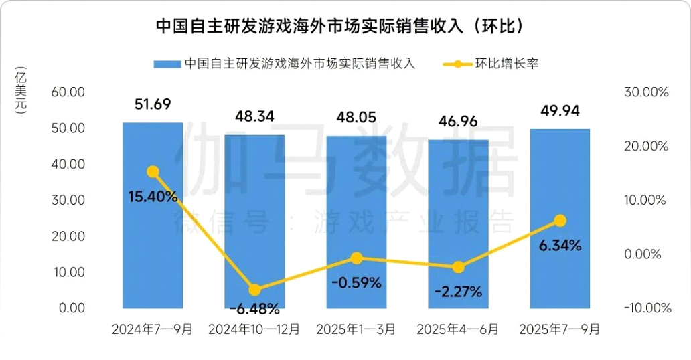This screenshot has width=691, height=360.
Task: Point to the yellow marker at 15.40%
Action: (x=153, y=172)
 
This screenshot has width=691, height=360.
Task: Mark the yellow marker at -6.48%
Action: (x=254, y=290)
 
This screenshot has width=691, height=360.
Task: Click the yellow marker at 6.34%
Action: (x=560, y=221)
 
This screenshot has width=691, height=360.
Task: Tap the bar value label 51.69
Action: (x=153, y=104)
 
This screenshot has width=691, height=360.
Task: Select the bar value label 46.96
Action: (x=458, y=121)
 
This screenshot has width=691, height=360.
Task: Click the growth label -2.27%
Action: (x=458, y=292)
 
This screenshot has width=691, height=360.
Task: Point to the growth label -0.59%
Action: (x=356, y=282)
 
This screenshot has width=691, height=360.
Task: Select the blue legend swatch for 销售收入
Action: (x=167, y=64)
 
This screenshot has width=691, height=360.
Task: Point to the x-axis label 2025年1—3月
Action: (x=356, y=329)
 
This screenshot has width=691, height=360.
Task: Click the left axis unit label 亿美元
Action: (x=21, y=92)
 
